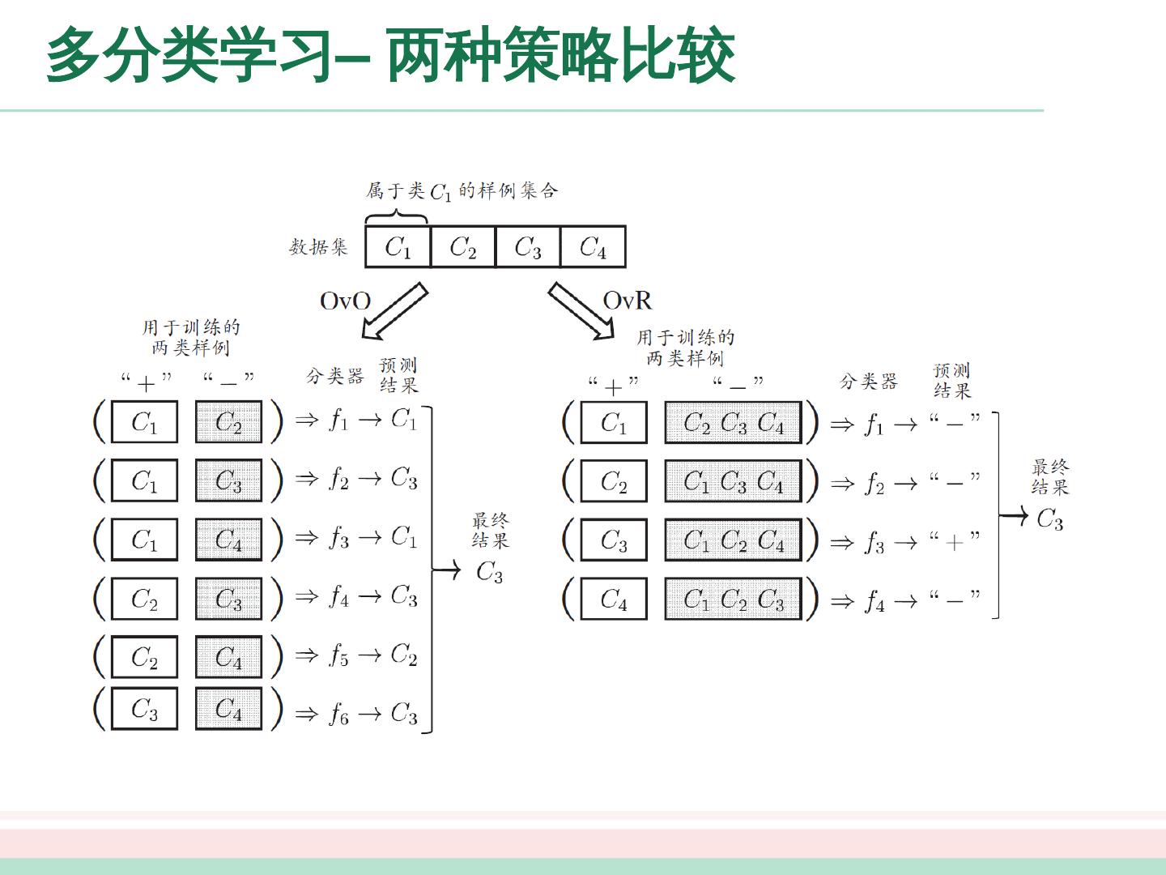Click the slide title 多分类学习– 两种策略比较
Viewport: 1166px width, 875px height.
click(389, 55)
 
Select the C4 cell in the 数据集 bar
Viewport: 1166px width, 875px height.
click(593, 246)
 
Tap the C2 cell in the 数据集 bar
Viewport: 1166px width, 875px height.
click(462, 246)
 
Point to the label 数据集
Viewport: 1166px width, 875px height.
click(318, 246)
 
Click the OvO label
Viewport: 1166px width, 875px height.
click(345, 301)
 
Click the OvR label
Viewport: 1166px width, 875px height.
click(627, 301)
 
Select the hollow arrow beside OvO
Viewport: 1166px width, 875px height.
click(394, 311)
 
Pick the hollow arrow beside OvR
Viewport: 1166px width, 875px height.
click(581, 311)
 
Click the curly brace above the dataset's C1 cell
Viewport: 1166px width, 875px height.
click(396, 217)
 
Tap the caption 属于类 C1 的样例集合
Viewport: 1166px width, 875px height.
click(462, 191)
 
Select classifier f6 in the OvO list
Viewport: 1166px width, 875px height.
click(338, 714)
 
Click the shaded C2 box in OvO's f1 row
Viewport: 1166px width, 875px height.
click(228, 422)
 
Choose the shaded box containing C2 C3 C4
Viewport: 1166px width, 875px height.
click(733, 422)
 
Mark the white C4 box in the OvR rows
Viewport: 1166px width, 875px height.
click(614, 599)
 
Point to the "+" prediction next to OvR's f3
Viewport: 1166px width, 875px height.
click(955, 540)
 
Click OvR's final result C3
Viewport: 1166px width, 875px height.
click(1049, 519)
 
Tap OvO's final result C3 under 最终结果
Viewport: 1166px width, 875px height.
click(489, 572)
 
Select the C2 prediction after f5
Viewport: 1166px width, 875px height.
click(404, 654)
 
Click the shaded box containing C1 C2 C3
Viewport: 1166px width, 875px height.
click(733, 599)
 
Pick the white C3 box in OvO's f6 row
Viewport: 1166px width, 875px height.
click(144, 709)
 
